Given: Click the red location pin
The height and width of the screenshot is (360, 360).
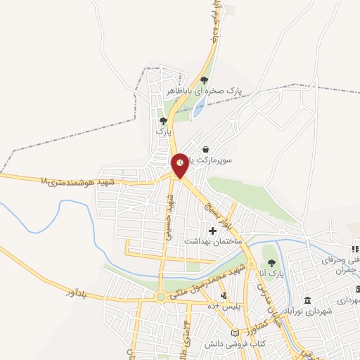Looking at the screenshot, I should pyautogui.click(x=181, y=163).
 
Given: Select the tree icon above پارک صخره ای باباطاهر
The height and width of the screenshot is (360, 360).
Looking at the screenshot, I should pyautogui.click(x=204, y=80).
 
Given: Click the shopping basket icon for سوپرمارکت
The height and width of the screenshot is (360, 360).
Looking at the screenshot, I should pyautogui.click(x=205, y=149).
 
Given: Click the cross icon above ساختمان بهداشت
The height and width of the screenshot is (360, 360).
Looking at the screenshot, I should pyautogui.click(x=213, y=230).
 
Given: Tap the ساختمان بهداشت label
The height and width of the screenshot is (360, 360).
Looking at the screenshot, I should pyautogui.click(x=213, y=240).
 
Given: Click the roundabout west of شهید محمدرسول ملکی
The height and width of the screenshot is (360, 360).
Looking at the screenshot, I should pyautogui.click(x=161, y=297).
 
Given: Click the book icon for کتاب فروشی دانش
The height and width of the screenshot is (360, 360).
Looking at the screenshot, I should pyautogui.click(x=235, y=332).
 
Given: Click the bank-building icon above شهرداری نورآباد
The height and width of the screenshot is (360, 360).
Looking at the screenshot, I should pyautogui.click(x=307, y=300).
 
